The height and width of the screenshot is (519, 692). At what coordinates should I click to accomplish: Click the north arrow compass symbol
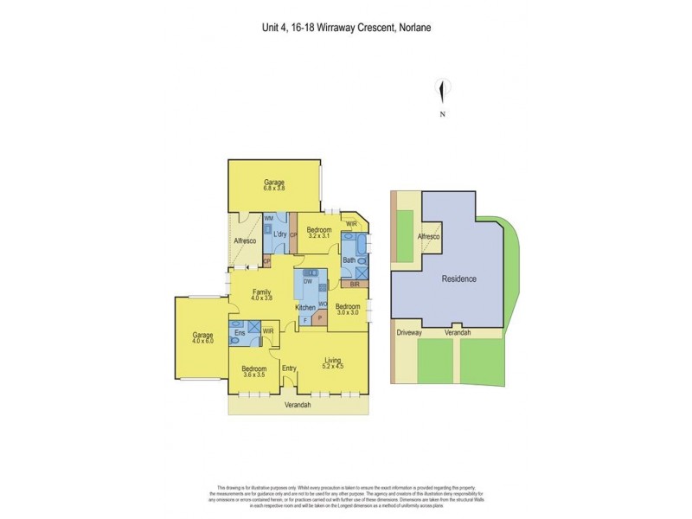click(443, 90)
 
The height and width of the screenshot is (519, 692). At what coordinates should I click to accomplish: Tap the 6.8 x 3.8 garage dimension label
click(274, 188)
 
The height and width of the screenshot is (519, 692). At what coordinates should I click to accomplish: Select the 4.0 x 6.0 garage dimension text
click(202, 340)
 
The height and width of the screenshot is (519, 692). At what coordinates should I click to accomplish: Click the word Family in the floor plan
click(262, 292)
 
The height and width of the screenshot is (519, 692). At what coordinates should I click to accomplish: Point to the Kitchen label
click(306, 308)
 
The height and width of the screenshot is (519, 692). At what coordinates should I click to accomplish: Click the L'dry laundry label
click(279, 235)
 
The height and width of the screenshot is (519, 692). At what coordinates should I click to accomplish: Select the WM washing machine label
click(268, 218)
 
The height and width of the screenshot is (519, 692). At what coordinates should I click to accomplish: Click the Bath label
click(349, 259)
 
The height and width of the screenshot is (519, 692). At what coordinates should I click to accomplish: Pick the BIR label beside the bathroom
click(355, 284)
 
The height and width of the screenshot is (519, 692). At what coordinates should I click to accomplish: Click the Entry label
click(289, 368)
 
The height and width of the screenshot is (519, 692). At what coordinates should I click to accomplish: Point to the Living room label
click(334, 360)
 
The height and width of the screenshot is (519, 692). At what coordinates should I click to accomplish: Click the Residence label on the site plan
click(459, 279)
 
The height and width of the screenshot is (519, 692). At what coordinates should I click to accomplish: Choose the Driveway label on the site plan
click(409, 332)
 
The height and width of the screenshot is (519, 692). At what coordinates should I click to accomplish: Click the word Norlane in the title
click(413, 27)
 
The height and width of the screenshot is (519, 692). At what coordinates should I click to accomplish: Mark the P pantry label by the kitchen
click(320, 317)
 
